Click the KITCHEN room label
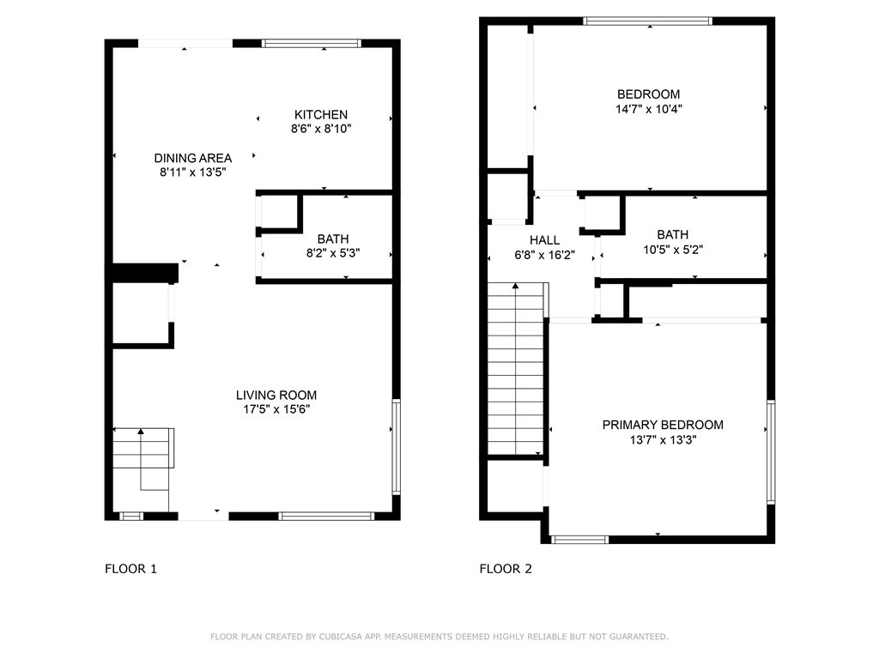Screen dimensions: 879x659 click(x=321, y=114)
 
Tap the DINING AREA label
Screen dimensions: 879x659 click(x=193, y=158)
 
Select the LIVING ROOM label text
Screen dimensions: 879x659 click(x=276, y=395)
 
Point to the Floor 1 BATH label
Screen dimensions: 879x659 click(x=333, y=239)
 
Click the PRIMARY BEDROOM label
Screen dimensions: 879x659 click(x=663, y=425)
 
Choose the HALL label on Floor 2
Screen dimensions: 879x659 click(x=544, y=240)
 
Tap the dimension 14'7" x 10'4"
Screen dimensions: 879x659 click(x=649, y=109)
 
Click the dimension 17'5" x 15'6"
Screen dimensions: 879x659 click(x=276, y=409)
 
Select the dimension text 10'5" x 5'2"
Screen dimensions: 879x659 click(x=673, y=250)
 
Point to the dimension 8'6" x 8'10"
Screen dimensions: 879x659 click(x=321, y=129)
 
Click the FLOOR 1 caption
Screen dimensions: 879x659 click(x=130, y=569)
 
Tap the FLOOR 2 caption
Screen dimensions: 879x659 click(x=506, y=569)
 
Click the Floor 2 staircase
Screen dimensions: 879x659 click(x=516, y=369)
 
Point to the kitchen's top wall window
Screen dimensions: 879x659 click(x=311, y=43)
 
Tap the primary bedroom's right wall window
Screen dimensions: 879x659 click(x=771, y=451)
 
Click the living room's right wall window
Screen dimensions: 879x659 click(x=397, y=446)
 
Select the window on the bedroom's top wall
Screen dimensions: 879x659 click(x=647, y=21)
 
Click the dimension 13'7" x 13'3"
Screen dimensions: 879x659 click(x=663, y=440)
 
